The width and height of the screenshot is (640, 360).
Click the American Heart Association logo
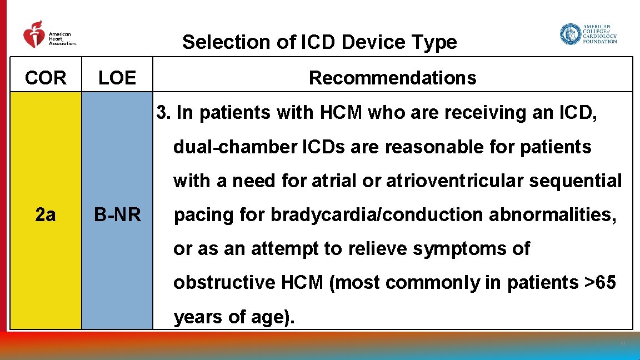tap(49, 35)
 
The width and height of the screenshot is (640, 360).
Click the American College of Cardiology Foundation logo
tap(588, 34)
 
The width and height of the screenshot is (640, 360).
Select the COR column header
tap(46, 78)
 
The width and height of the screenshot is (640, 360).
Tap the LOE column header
tap(117, 78)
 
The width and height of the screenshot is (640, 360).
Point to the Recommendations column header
tap(392, 78)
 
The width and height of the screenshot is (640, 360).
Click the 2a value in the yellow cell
tap(45, 214)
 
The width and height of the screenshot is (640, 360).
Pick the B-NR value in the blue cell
tap(117, 214)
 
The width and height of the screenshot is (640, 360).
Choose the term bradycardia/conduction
tap(377, 215)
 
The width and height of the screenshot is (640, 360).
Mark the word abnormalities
tap(552, 215)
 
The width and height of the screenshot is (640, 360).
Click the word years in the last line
tap(197, 317)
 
